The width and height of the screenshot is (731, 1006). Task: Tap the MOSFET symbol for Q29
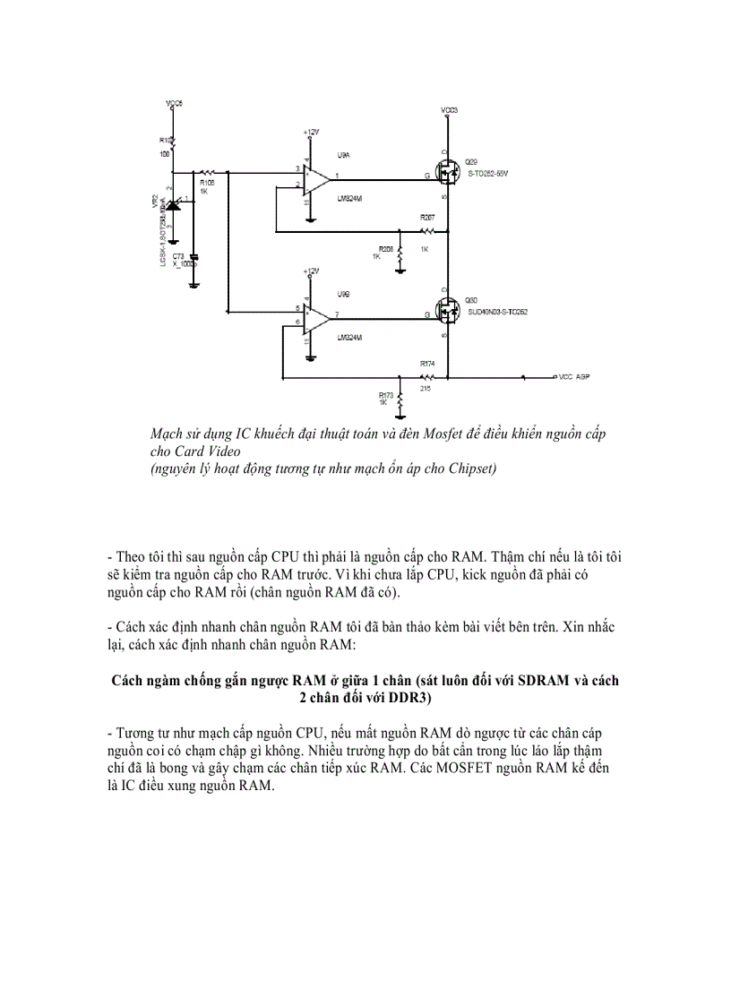[x=446, y=173]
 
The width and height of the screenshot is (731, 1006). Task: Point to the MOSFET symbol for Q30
[x=446, y=311]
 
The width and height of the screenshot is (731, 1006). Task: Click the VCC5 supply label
[x=174, y=104]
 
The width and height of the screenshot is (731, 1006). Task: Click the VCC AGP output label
[x=572, y=377]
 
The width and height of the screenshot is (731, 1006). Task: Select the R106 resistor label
[x=207, y=182]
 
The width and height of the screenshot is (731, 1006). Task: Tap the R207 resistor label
[x=426, y=218]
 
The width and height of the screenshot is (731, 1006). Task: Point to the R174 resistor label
[x=426, y=364]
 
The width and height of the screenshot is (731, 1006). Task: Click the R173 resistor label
[x=386, y=394]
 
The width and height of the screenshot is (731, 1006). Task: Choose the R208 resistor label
[x=386, y=248]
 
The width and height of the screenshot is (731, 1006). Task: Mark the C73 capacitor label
[x=177, y=255]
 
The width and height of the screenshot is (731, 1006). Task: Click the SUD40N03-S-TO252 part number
[x=497, y=312]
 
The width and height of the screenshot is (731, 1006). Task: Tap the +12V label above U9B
[x=310, y=271]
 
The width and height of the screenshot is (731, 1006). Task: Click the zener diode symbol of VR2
[x=175, y=205]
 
